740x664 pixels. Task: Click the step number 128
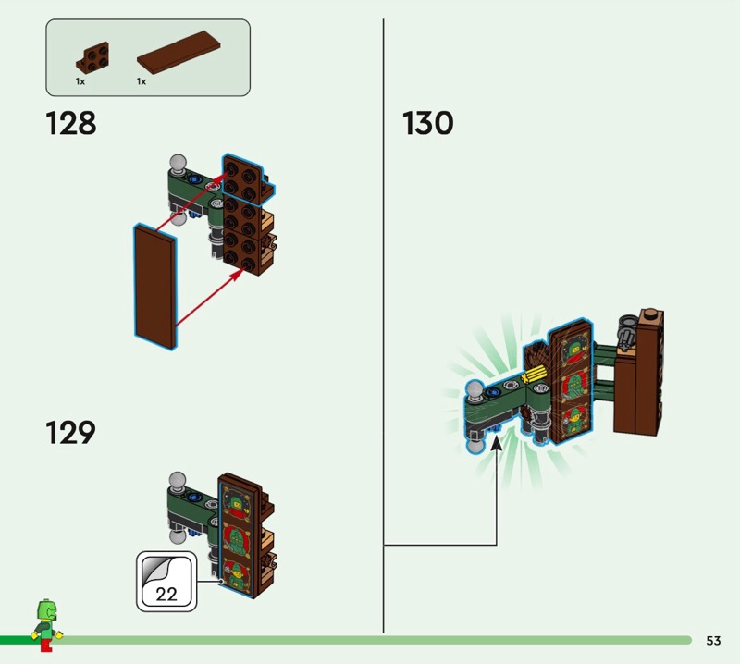pos(71,124)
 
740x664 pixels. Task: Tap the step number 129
pos(71,433)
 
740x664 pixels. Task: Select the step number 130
pos(428,124)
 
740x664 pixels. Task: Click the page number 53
pos(713,640)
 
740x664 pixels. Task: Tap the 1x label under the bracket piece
pos(80,82)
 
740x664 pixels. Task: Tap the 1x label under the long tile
pos(142,82)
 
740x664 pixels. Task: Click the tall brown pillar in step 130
pos(639,375)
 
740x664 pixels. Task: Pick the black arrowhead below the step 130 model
pos(498,444)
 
